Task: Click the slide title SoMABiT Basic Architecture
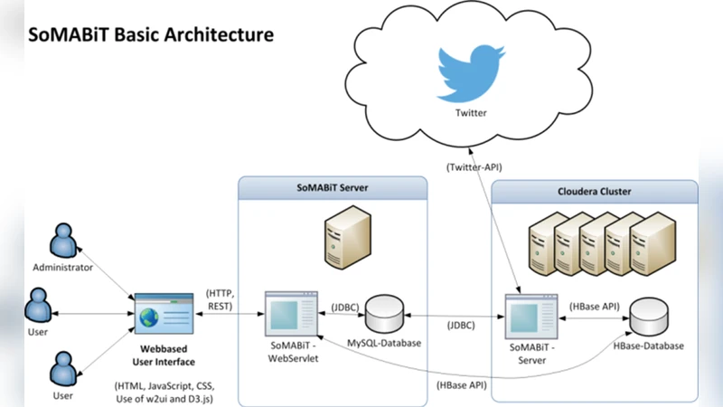(151, 35)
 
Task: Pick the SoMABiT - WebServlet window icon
(289, 314)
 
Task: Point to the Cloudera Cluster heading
(596, 192)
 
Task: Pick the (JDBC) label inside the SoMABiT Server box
(345, 307)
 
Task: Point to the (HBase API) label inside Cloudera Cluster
(595, 307)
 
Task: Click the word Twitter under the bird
(470, 113)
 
